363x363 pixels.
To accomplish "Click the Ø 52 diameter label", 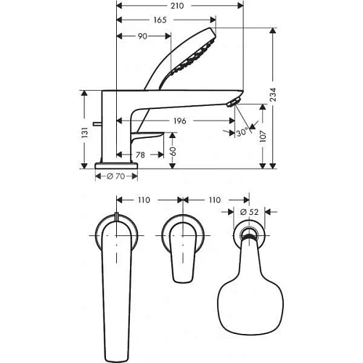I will tap(249, 212).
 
